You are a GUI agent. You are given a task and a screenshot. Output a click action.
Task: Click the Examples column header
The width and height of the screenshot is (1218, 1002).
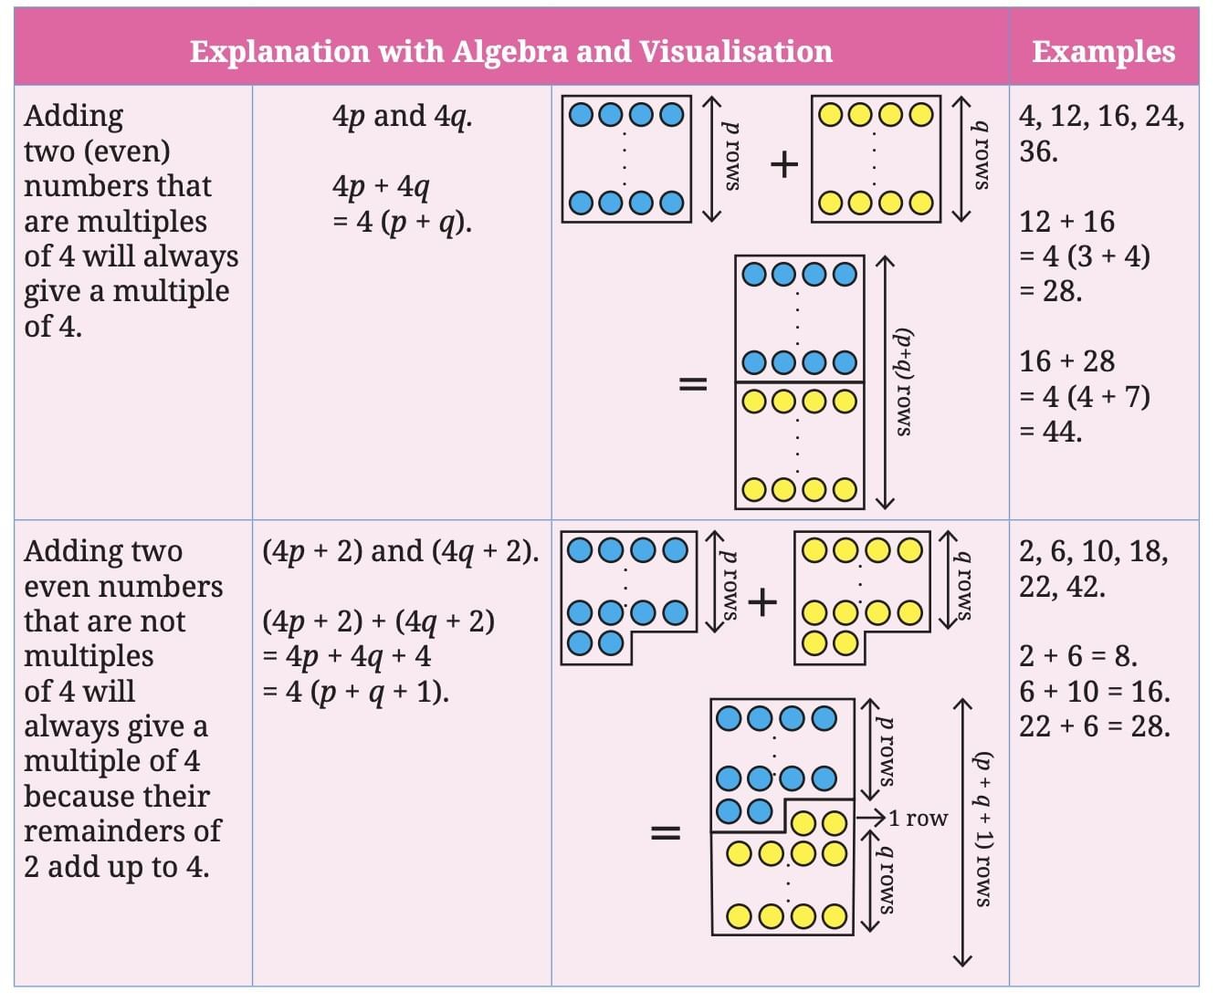(1103, 51)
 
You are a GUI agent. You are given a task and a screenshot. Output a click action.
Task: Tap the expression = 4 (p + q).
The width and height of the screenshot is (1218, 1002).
(403, 222)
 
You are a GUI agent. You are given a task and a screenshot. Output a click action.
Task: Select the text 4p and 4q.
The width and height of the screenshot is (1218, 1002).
(402, 116)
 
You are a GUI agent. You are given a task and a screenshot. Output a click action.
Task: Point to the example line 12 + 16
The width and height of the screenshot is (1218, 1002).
(1066, 222)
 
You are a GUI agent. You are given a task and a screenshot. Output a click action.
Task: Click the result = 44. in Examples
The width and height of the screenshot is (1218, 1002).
(1051, 431)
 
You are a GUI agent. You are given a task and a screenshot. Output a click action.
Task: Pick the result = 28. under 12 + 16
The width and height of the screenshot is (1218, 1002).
(1051, 291)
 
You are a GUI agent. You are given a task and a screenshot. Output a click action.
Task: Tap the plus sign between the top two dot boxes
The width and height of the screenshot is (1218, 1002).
(783, 164)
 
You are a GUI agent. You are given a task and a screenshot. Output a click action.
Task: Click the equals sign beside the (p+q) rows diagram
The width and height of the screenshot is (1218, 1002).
(692, 383)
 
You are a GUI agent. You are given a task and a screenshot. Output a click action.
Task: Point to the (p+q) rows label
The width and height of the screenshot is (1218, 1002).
(903, 381)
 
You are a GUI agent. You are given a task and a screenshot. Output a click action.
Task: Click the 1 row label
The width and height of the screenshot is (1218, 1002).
(918, 819)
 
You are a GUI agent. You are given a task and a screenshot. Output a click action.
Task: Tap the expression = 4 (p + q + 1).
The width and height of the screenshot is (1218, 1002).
(355, 692)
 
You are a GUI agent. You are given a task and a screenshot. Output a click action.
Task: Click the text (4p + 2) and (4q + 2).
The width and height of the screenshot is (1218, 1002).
(401, 551)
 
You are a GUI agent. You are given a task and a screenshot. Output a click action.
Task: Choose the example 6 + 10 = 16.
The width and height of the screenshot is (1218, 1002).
(1094, 692)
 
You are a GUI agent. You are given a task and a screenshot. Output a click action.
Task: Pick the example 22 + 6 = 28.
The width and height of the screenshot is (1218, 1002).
(1094, 726)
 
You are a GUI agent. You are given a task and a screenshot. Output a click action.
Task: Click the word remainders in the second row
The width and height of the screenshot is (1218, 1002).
(106, 831)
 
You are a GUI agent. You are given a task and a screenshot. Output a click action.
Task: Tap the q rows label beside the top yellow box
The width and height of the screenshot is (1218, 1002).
(981, 157)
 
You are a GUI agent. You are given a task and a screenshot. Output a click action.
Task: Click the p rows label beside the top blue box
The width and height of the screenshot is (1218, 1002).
(731, 157)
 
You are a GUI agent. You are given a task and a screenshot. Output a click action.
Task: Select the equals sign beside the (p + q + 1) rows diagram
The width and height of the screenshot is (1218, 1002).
(665, 832)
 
